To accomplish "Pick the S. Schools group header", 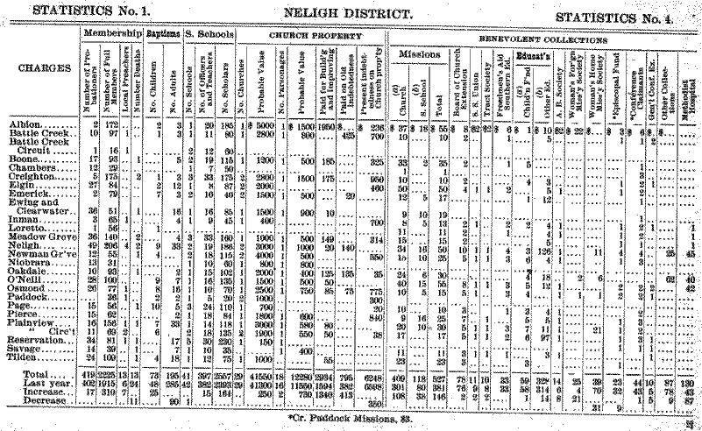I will pos(207,33).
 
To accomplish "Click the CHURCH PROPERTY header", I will pos(309,36).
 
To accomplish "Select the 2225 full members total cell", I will pos(108,374).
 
